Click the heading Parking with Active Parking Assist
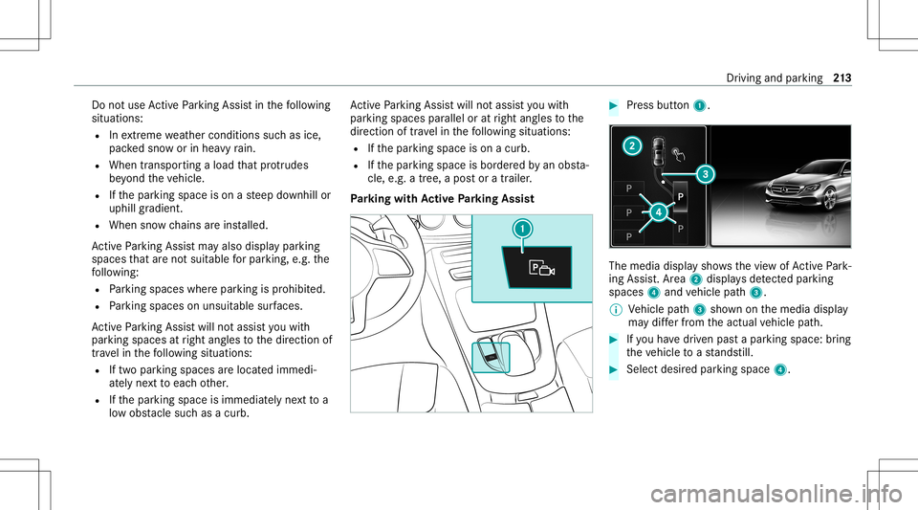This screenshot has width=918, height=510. tap(442, 199)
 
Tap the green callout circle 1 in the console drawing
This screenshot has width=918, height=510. tap(522, 229)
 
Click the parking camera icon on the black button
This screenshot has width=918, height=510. tap(541, 269)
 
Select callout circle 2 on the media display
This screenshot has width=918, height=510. tap(632, 145)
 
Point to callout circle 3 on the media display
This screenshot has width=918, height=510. tap(706, 174)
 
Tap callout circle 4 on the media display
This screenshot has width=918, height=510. tap(659, 212)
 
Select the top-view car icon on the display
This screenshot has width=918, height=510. tap(659, 151)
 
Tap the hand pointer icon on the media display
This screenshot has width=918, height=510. tap(679, 155)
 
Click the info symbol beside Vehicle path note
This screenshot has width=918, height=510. tap(614, 309)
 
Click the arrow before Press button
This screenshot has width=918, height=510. tap(614, 106)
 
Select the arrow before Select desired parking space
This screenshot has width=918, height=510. tap(614, 369)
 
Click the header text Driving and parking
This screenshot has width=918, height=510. tap(774, 78)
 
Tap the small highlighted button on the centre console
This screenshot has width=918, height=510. tap(491, 357)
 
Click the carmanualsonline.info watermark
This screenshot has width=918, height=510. tap(776, 494)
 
